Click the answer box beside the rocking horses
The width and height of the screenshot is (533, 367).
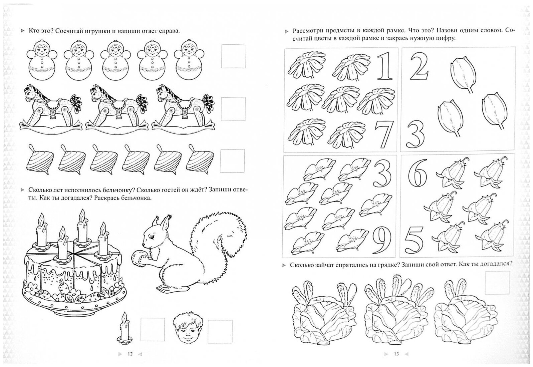[x=233, y=109]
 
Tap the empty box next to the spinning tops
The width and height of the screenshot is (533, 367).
[x=232, y=161]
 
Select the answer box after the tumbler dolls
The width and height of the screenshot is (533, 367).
[x=234, y=56]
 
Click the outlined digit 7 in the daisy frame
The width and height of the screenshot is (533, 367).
[x=384, y=134]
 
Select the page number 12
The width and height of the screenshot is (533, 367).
[x=130, y=354]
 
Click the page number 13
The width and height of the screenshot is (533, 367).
[x=396, y=354]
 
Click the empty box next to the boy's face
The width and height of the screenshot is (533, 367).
[x=220, y=332]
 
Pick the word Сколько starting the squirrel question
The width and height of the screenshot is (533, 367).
[x=40, y=190]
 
